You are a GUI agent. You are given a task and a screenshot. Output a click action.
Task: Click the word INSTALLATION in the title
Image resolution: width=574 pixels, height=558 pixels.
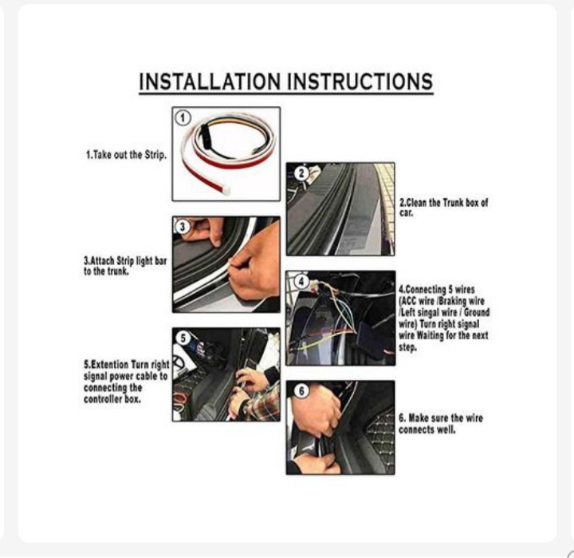(x=210, y=81)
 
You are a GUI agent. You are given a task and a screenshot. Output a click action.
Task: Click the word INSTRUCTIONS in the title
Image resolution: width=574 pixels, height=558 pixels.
(x=360, y=81)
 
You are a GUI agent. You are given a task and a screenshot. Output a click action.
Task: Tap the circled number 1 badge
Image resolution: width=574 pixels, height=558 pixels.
(x=183, y=118)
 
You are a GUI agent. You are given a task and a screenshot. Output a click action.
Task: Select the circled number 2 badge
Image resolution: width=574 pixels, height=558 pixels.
(x=301, y=173)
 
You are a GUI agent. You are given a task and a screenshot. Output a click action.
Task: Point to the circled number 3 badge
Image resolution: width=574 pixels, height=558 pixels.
(x=183, y=227)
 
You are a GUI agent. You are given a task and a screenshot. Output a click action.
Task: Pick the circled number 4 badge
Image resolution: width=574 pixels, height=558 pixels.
(x=301, y=282)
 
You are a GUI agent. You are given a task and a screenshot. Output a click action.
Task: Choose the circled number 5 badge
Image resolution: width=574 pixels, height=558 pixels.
(x=183, y=338)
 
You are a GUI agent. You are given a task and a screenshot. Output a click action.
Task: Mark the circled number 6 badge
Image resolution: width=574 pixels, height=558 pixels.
(x=301, y=391)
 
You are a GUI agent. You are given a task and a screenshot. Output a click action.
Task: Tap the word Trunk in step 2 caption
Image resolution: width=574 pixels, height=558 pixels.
(x=453, y=203)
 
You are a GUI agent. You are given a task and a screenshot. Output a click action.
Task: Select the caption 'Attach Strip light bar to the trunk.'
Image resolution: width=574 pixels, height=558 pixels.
(x=125, y=266)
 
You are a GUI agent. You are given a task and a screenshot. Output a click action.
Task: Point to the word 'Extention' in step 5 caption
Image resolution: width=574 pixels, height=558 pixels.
(x=110, y=365)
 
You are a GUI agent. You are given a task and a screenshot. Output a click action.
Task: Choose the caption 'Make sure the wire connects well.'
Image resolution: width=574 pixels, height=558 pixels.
(x=441, y=424)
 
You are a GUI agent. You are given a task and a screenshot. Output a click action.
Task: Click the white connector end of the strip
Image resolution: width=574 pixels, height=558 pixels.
(x=226, y=189)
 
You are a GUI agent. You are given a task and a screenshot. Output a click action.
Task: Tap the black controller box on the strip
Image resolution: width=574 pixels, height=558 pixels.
(x=204, y=133)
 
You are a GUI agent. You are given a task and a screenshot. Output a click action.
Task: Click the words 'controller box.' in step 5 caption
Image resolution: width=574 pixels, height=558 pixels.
(x=112, y=399)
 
